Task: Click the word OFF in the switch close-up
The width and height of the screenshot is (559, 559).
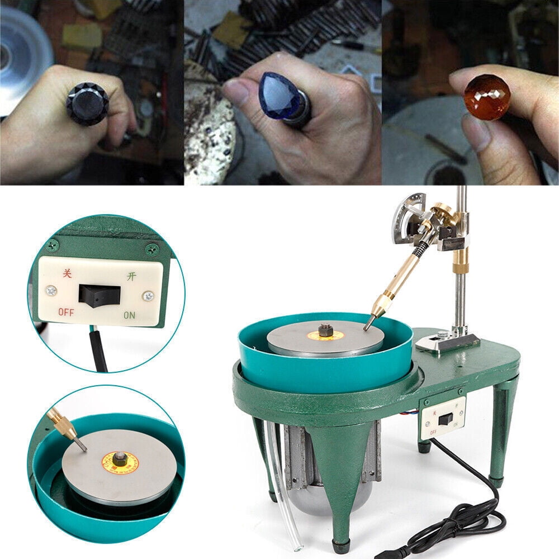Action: click(66, 312)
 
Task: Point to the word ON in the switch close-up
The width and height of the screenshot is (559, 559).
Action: click(129, 315)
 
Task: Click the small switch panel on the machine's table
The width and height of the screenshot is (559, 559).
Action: click(443, 418)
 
